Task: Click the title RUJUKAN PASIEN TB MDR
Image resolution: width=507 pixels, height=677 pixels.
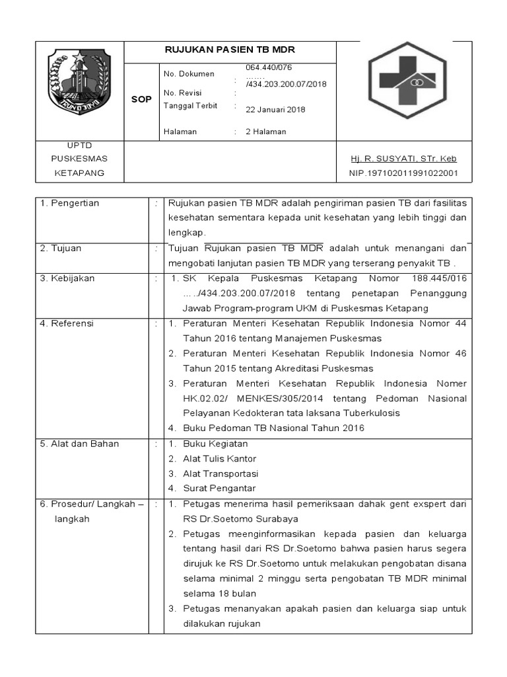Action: (x=230, y=50)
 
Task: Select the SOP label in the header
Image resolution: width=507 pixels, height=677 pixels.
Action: (x=141, y=99)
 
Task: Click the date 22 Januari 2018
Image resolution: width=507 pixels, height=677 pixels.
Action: (x=275, y=110)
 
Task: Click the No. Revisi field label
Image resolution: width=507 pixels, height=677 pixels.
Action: (x=182, y=93)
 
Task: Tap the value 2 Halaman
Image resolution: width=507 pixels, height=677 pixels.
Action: (x=266, y=132)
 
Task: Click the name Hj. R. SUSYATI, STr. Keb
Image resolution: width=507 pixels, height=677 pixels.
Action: (x=403, y=159)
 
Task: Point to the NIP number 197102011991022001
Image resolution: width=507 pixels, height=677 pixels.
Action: (x=403, y=173)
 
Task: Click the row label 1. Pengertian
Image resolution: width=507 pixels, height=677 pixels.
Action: (x=70, y=203)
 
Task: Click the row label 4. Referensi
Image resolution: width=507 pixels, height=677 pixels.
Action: (x=67, y=323)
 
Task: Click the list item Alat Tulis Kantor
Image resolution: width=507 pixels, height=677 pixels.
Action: (x=219, y=459)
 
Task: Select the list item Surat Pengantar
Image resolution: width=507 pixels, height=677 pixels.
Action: (x=219, y=489)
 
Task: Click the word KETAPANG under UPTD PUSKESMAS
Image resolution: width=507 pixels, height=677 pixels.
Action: (x=79, y=173)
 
